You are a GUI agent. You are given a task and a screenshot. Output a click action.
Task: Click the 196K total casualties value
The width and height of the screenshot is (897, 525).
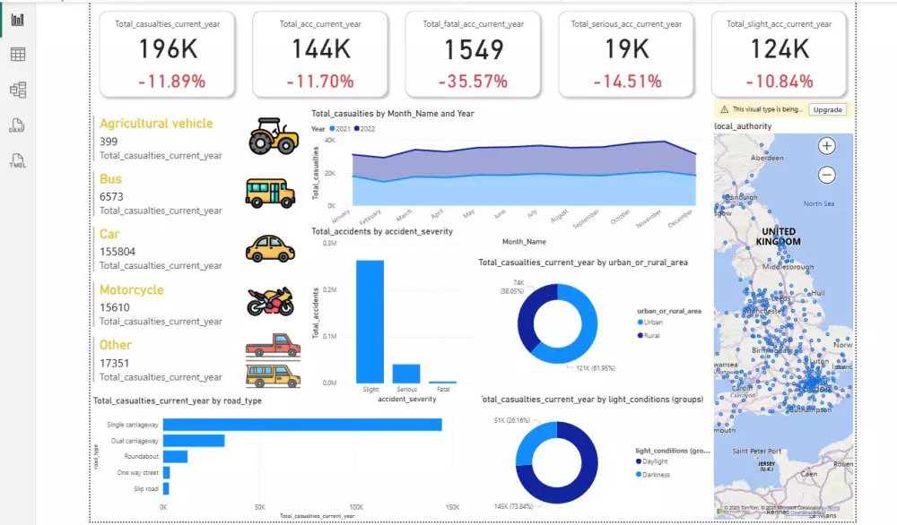tap(168, 49)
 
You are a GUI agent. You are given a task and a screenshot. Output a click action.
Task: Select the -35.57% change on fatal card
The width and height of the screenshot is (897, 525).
tap(473, 82)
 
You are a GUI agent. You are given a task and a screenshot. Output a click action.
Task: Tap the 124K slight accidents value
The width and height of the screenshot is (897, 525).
tap(779, 49)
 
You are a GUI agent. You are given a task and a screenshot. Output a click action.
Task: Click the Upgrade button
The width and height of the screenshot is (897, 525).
tap(826, 109)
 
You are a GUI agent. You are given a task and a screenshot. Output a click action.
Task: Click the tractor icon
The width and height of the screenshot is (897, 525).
tap(273, 135)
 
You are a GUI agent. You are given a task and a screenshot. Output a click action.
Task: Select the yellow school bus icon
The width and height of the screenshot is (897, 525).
tap(270, 192)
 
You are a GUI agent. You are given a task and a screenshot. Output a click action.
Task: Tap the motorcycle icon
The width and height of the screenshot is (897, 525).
tap(270, 301)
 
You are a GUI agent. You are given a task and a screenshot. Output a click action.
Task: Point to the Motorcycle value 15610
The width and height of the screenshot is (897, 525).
tap(118, 306)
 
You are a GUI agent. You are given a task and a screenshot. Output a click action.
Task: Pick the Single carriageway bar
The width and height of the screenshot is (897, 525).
tap(301, 425)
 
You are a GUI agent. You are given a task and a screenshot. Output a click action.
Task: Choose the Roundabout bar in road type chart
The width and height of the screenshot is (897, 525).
tap(175, 457)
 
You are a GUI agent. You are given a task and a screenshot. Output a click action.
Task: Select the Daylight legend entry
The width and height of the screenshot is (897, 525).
tap(656, 461)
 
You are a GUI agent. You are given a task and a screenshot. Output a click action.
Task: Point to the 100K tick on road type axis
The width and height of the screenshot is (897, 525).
tap(355, 507)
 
